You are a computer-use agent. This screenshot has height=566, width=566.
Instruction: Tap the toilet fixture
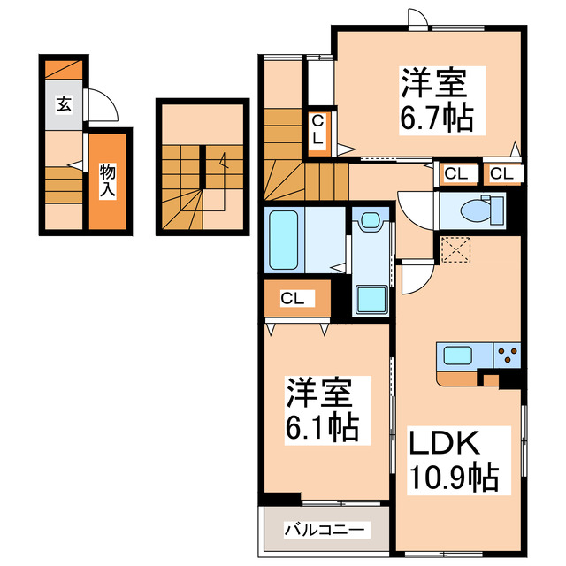coord(478,210)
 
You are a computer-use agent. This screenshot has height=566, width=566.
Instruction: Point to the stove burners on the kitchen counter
coord(510,356)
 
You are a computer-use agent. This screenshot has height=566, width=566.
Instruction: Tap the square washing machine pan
coord(370,300)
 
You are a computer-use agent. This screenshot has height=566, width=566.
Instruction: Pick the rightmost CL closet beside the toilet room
coord(501,173)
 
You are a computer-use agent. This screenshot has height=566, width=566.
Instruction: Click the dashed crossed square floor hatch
coord(457,249)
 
